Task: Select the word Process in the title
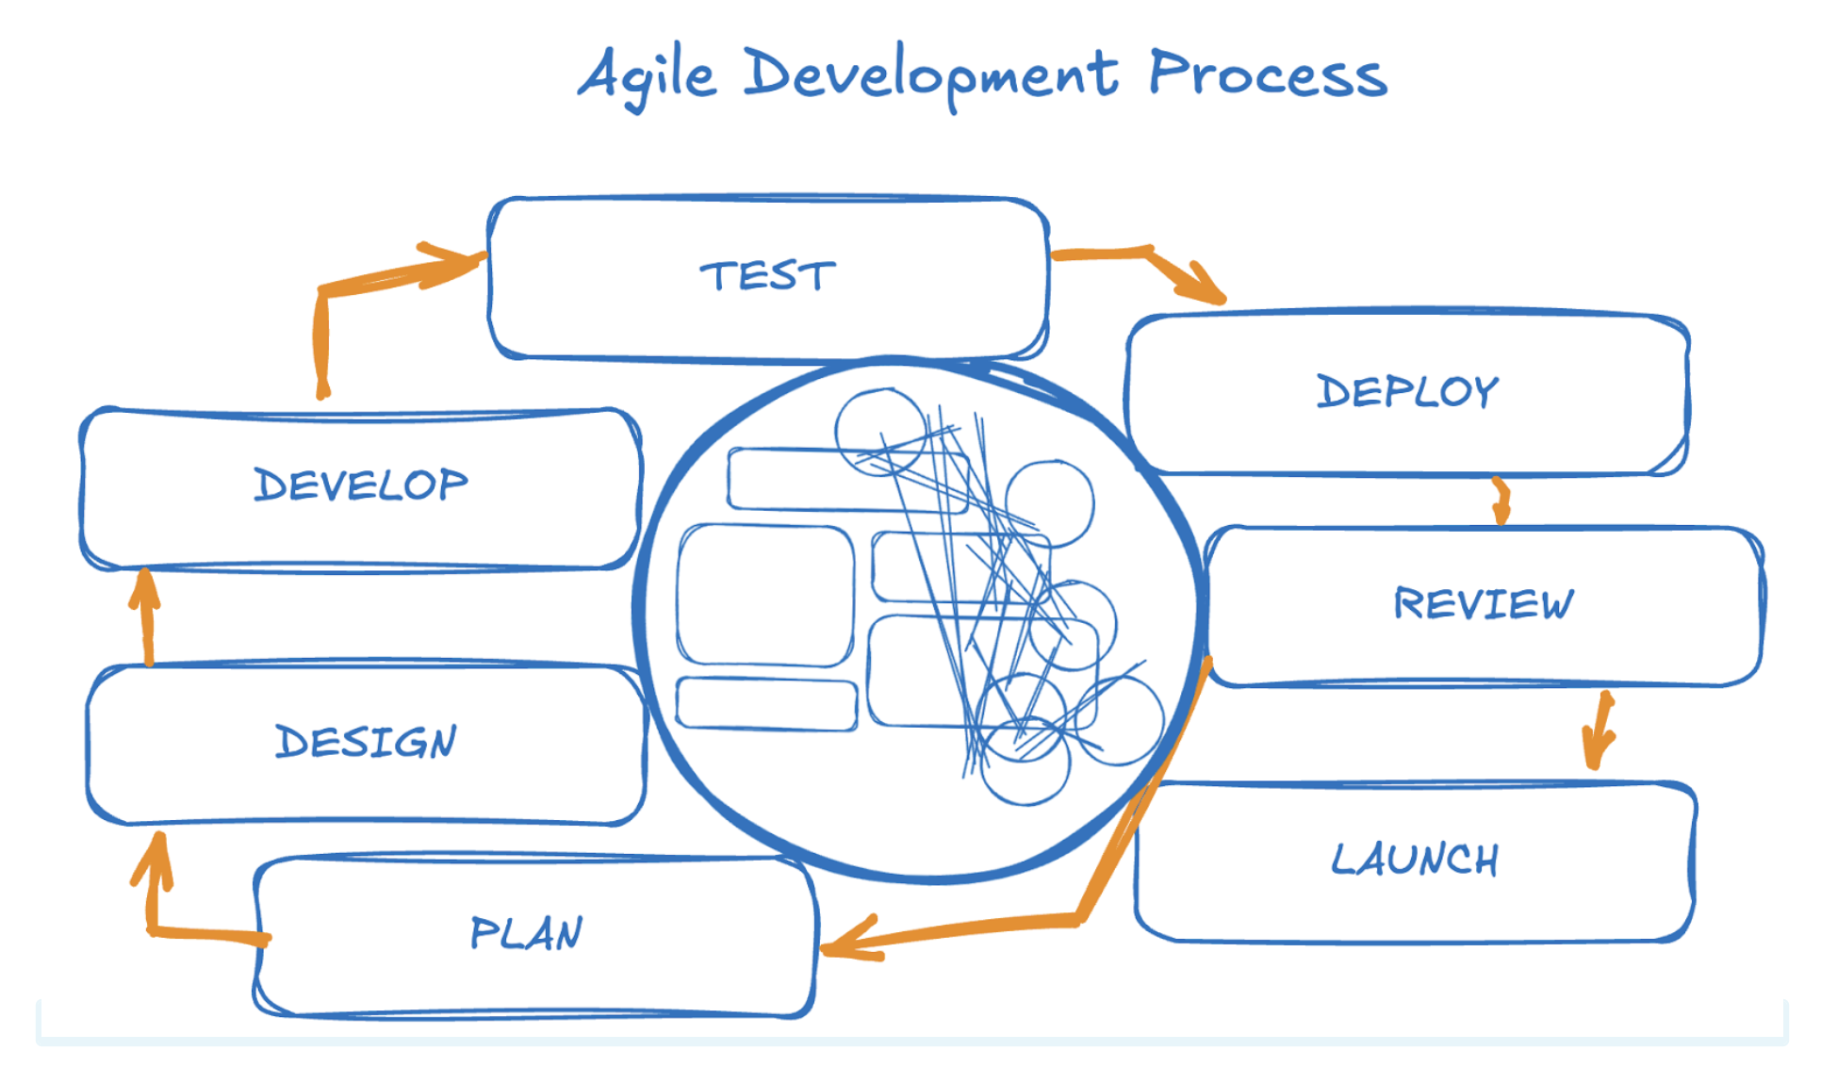[x=1268, y=74]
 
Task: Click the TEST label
[x=767, y=276]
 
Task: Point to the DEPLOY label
[x=1407, y=391]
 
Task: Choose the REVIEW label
[x=1484, y=603]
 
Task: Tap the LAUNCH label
[x=1415, y=860]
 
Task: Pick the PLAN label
[x=526, y=933]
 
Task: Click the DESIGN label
[x=366, y=742]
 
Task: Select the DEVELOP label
[x=361, y=484]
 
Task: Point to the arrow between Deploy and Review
[x=1501, y=501]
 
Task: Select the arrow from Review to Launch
[x=1599, y=731]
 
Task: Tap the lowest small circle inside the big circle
[x=1025, y=760]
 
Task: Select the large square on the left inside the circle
[x=765, y=596]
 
